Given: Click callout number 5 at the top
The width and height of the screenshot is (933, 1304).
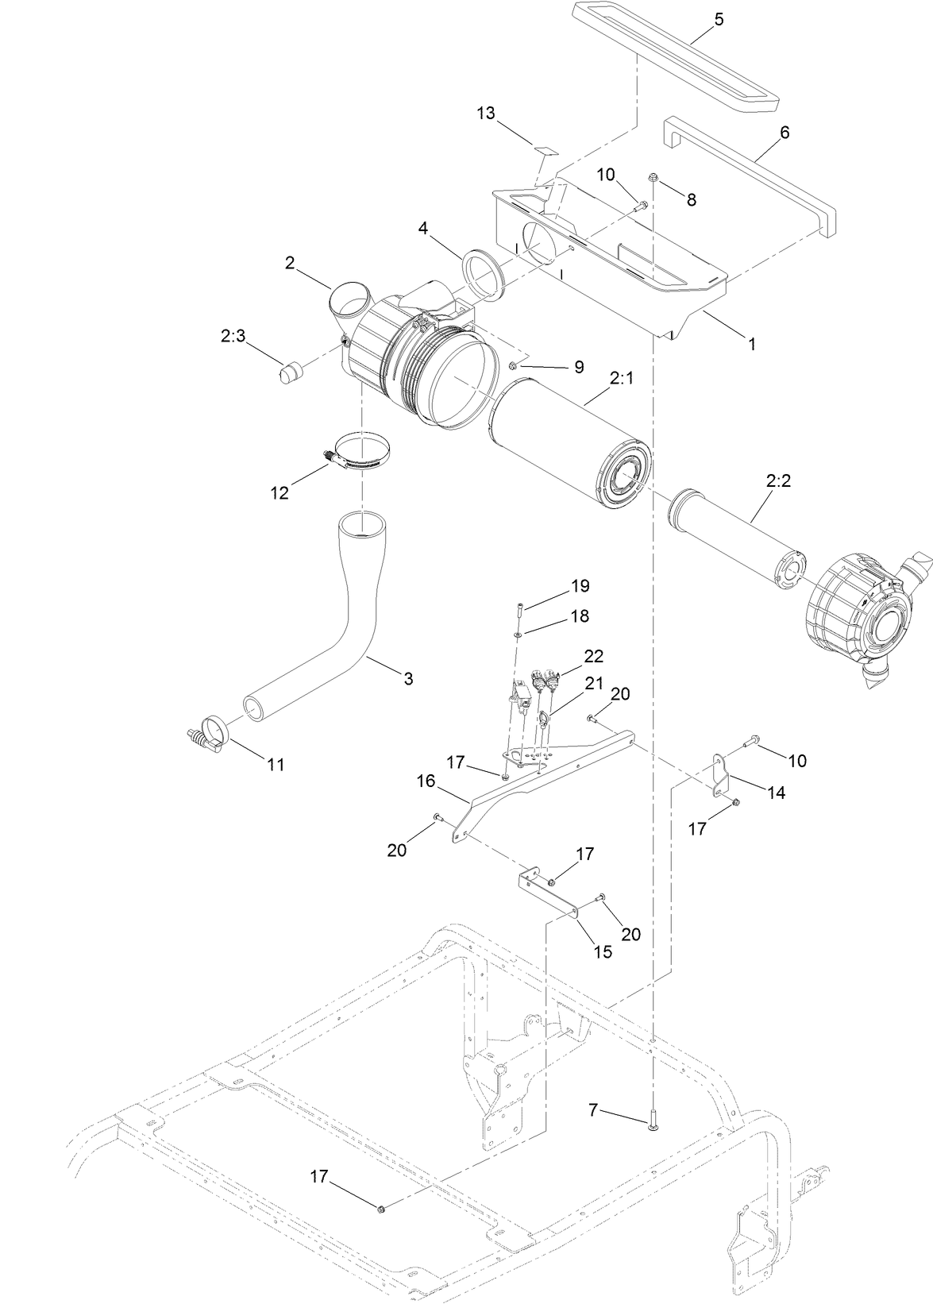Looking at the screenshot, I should click(x=719, y=20).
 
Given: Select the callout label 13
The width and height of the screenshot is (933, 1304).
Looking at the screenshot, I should click(x=486, y=114).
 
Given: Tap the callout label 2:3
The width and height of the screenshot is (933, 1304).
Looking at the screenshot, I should click(x=233, y=337).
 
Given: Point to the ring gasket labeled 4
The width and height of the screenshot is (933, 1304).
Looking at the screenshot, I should click(x=481, y=275).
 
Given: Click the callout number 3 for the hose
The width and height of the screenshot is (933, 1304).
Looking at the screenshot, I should click(x=408, y=678).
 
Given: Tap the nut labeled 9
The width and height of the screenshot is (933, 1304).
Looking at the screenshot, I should click(x=514, y=365).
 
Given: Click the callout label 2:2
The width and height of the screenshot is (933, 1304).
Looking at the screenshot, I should click(x=779, y=480).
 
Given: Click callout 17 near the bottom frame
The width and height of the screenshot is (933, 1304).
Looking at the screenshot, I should click(x=318, y=1177).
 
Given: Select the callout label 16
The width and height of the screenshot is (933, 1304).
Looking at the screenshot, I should click(x=426, y=781).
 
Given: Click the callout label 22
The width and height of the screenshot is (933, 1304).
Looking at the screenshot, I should click(x=593, y=656).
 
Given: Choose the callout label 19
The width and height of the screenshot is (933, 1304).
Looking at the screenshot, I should click(x=580, y=586).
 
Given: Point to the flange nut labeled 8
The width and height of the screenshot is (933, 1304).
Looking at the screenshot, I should click(x=653, y=177).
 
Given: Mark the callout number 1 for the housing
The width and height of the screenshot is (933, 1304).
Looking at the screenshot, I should click(x=751, y=344).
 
